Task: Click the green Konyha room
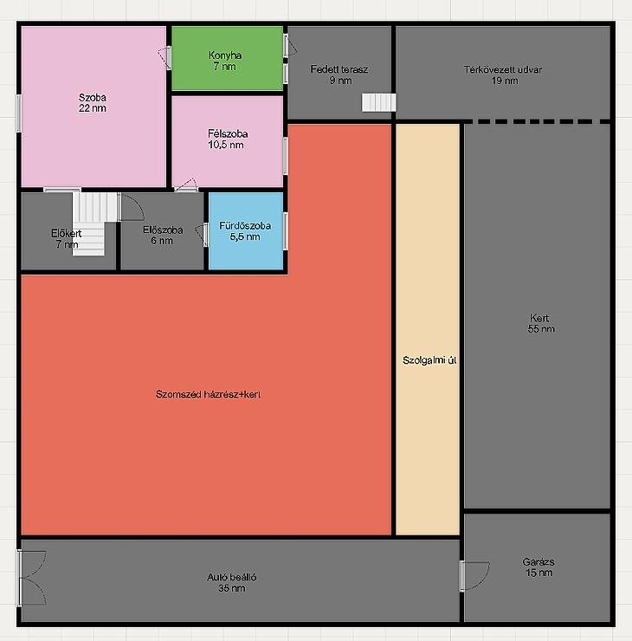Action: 227,58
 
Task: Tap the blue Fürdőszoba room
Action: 246,231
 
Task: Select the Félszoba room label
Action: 228,133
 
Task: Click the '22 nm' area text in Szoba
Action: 93,108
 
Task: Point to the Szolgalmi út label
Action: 429,360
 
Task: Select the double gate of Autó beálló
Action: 33,577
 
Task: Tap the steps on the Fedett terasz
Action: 378,102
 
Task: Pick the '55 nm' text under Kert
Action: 541,328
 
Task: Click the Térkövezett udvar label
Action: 503,69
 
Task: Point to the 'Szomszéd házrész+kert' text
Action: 208,394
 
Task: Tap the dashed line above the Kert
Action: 537,121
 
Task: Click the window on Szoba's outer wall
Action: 18,113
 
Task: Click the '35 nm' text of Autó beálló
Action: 232,588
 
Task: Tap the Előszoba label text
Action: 163,230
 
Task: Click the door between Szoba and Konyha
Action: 165,58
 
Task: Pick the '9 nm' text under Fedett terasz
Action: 341,81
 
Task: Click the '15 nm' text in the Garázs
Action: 539,573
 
